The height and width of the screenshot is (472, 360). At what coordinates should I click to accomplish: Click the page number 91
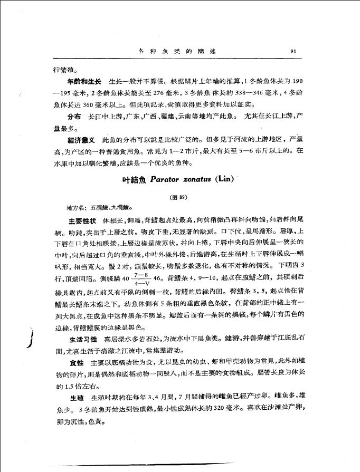pos(295,51)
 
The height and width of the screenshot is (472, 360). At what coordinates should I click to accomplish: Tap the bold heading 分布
pos(73,115)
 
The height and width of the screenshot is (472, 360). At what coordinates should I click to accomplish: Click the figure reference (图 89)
pos(179,197)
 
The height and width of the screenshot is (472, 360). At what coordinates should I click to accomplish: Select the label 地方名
pos(73,208)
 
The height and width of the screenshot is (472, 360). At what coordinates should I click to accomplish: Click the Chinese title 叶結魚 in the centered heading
pos(134,179)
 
